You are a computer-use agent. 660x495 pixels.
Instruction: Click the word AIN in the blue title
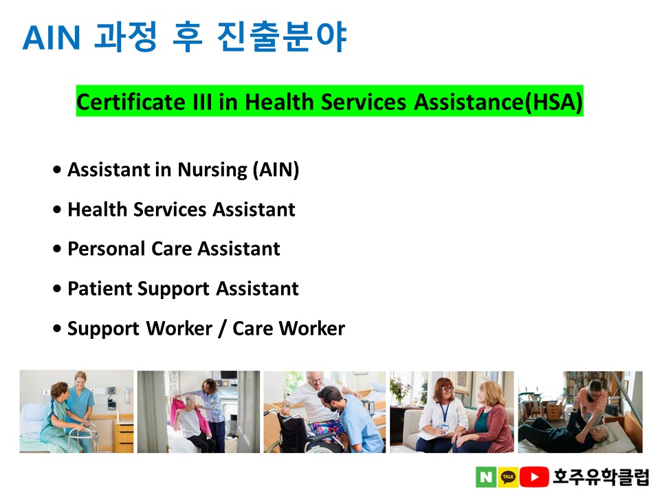pos(52,37)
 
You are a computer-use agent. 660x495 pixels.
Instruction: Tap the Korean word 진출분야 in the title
pos(282,37)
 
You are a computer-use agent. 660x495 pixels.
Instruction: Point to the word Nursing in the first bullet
pos(212,170)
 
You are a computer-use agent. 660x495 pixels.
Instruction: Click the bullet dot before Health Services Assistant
pos(57,209)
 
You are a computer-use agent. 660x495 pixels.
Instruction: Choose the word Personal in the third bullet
pos(107,248)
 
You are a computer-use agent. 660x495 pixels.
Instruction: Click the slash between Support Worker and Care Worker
pos(222,329)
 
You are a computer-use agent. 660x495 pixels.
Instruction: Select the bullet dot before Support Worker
pos(57,329)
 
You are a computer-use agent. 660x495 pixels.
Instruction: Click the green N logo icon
pos(486,477)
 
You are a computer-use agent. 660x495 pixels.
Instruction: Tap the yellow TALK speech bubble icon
pos(508,477)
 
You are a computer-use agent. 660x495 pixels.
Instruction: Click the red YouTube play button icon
pos(534,477)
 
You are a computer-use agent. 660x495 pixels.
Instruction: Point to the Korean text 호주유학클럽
pos(601,476)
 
